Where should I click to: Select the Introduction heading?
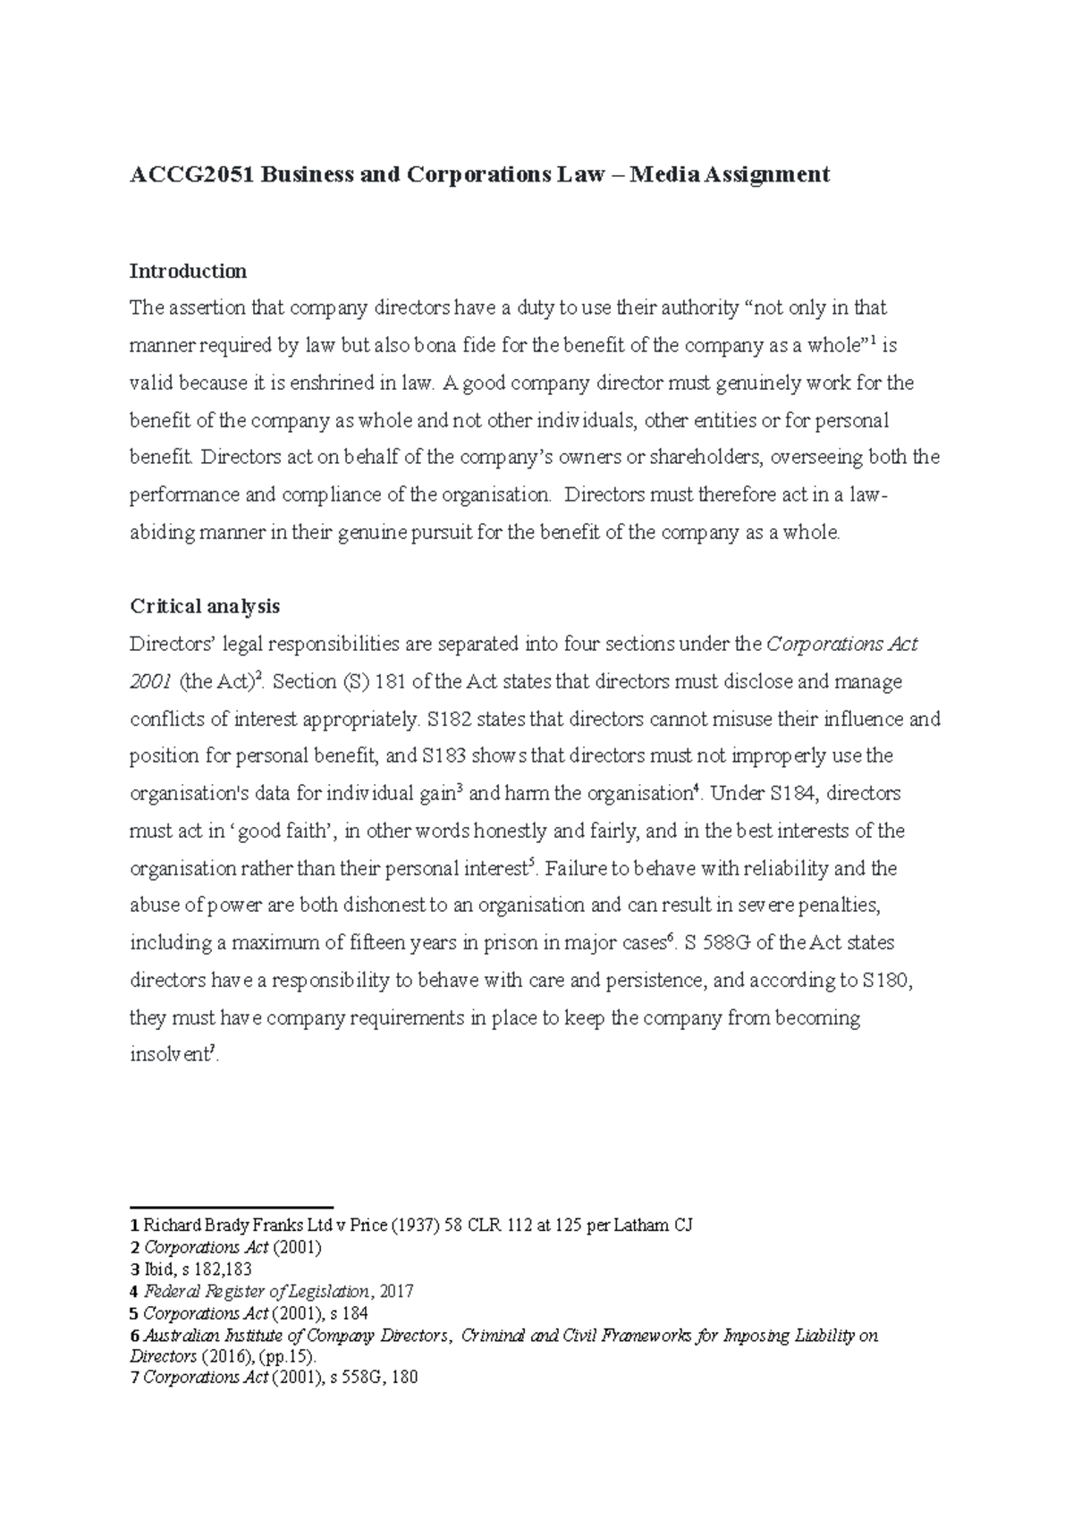[x=188, y=271]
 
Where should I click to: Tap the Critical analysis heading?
[x=205, y=606]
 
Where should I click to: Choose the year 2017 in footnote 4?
[x=397, y=1292]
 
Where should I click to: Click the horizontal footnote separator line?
[x=232, y=1206]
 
